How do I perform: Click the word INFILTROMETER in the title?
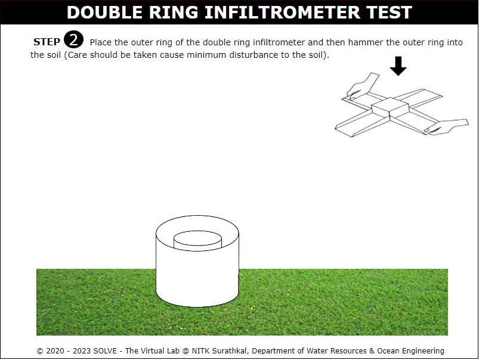point(283,12)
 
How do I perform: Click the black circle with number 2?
point(73,40)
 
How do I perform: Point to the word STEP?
point(47,42)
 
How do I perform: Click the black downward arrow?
point(398,66)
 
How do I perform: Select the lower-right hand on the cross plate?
point(446,126)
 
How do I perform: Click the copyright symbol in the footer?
point(40,351)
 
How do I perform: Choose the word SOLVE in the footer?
point(105,351)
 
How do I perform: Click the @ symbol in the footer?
point(186,351)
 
